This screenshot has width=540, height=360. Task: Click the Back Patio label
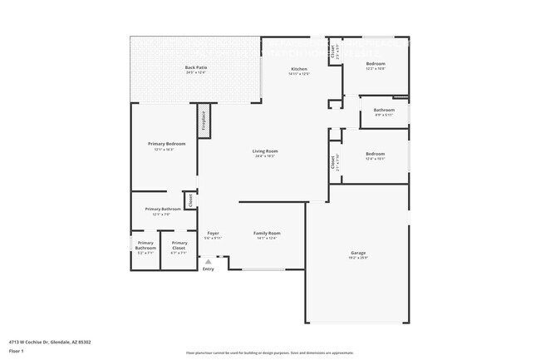pyautogui.click(x=196, y=67)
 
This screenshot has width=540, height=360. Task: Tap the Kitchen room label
pyautogui.click(x=299, y=68)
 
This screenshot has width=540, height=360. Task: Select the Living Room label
pyautogui.click(x=265, y=150)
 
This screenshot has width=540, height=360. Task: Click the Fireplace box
pyautogui.click(x=202, y=123)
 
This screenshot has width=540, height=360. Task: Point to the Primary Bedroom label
pyautogui.click(x=166, y=144)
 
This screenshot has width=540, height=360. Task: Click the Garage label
pyautogui.click(x=358, y=253)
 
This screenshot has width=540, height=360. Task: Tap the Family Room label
pyautogui.click(x=267, y=233)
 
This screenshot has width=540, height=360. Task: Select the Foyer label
pyautogui.click(x=214, y=233)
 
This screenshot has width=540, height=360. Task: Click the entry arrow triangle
pyautogui.click(x=209, y=261)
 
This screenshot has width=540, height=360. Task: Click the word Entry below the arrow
pyautogui.click(x=209, y=269)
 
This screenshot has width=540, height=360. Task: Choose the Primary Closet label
pyautogui.click(x=179, y=245)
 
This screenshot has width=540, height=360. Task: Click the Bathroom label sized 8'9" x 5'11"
pyautogui.click(x=384, y=110)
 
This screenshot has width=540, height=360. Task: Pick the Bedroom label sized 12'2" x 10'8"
pyautogui.click(x=376, y=63)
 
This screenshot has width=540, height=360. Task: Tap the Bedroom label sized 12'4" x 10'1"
pyautogui.click(x=376, y=153)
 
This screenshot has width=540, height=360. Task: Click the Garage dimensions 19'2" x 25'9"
pyautogui.click(x=358, y=258)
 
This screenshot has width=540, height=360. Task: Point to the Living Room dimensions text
pyautogui.click(x=265, y=156)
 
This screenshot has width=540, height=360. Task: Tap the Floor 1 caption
pyautogui.click(x=17, y=352)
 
